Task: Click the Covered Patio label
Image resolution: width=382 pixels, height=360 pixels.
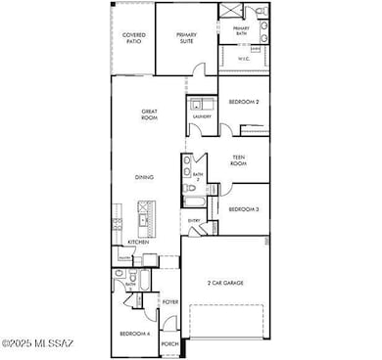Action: click(133, 38)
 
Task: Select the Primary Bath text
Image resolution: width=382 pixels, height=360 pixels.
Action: click(241, 31)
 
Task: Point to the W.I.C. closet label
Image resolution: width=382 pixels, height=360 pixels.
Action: click(245, 59)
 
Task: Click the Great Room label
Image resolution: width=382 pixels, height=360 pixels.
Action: click(151, 117)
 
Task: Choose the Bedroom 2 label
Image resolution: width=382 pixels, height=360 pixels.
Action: click(244, 102)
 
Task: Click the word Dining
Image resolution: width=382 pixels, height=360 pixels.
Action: click(144, 177)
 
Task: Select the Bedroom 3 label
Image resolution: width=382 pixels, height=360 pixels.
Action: click(244, 209)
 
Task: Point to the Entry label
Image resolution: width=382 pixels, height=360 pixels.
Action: click(194, 220)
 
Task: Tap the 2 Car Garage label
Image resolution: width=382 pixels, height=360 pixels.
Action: click(225, 283)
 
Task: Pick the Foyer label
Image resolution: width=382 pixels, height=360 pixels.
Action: click(169, 301)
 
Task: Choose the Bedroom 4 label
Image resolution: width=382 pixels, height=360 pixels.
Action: click(133, 334)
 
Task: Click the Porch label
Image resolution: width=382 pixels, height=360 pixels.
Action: click(169, 344)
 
